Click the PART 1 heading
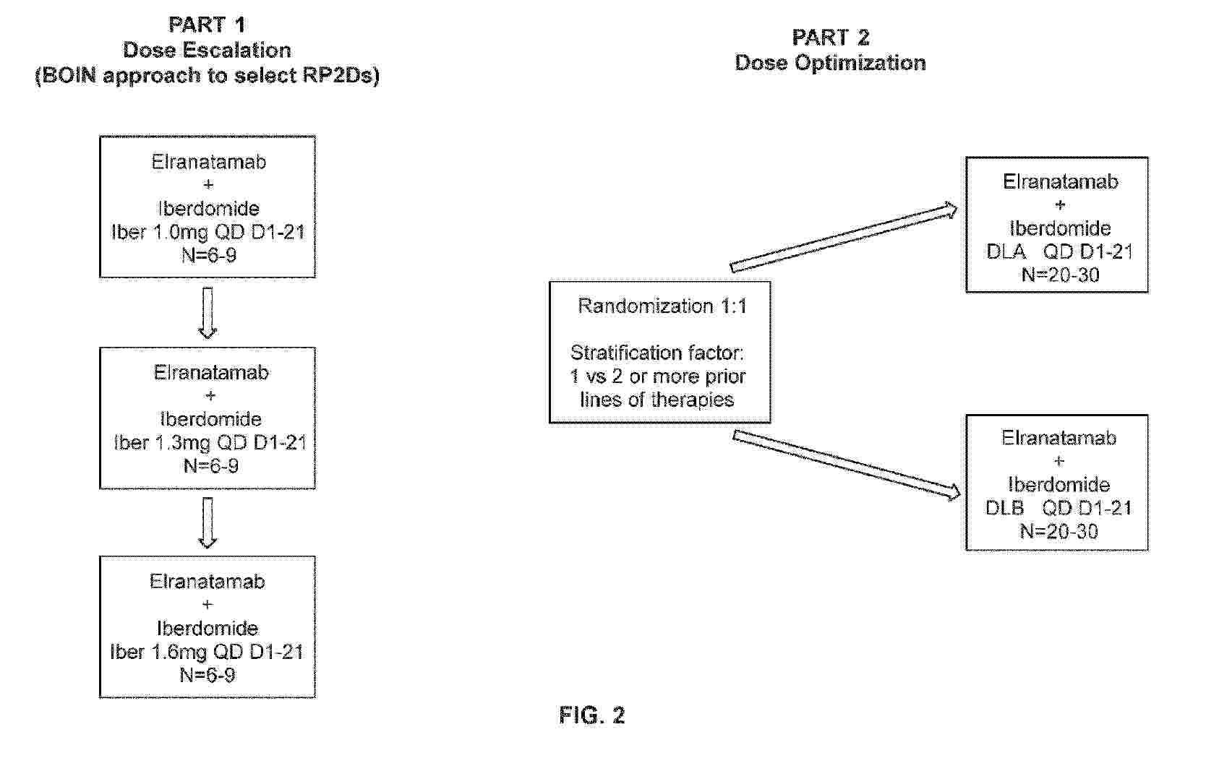207,25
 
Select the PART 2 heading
831,38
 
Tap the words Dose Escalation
207,50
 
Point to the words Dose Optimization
831,63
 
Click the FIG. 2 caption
592,715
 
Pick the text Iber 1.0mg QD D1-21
208,232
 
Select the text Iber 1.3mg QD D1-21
210,443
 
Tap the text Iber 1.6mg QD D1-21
207,652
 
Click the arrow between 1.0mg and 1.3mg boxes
208,313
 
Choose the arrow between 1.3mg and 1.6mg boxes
208,522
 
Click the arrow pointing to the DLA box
844,238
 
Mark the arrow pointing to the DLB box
847,465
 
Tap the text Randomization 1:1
663,306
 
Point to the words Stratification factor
657,352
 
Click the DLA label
1006,251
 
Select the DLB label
1004,508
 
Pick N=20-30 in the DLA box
1061,275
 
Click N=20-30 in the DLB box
1058,531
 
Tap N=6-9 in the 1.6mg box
208,675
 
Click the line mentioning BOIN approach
207,75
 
